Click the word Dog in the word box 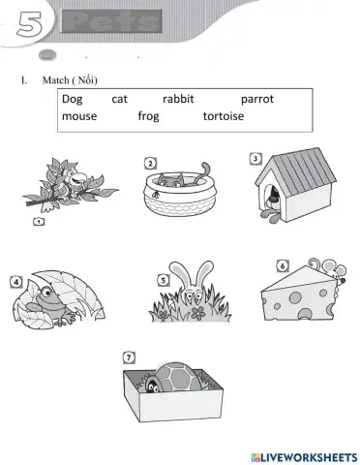click(73, 99)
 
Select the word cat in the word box click(120, 99)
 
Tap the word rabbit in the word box click(179, 99)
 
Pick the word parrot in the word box click(258, 99)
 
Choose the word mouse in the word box click(79, 116)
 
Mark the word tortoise click(224, 116)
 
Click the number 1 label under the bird click(39, 222)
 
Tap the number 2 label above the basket click(151, 162)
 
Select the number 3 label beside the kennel click(255, 159)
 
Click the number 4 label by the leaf click(15, 282)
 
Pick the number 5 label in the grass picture click(164, 281)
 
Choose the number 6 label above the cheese click(282, 265)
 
